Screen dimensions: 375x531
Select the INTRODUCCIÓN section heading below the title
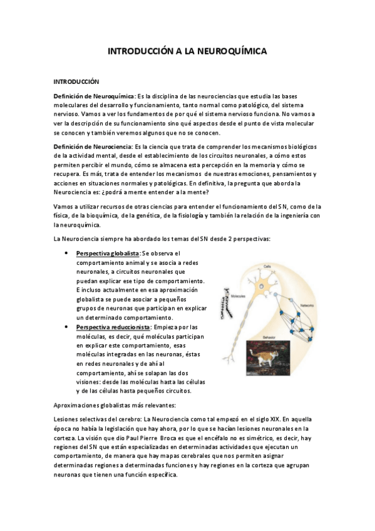point(76,81)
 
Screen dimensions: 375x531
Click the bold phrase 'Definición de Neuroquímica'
point(94,96)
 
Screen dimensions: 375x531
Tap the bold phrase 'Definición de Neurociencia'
point(92,147)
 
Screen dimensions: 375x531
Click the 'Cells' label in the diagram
point(267,249)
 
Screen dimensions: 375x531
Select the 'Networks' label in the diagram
point(307,306)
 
